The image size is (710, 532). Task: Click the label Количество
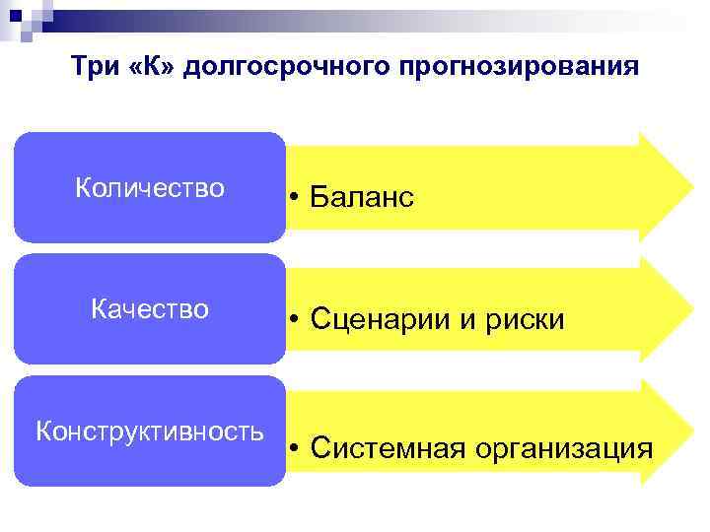click(150, 187)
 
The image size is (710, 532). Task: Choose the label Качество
click(150, 309)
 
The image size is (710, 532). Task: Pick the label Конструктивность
click(150, 432)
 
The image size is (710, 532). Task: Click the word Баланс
click(362, 198)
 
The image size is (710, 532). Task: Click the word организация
click(563, 449)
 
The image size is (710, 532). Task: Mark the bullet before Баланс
click(295, 198)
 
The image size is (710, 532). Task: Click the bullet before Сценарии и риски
click(295, 320)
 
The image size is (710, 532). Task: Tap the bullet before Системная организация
click(295, 449)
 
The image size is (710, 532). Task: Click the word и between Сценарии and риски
click(473, 320)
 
